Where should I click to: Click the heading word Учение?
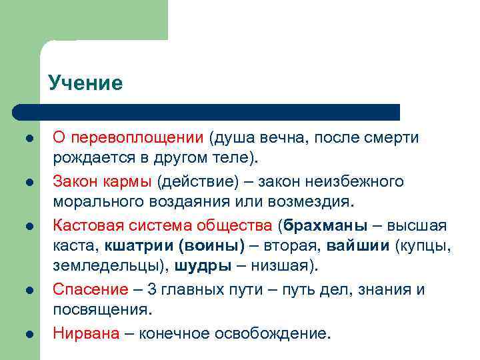pos(85,83)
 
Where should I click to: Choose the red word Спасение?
pos(90,289)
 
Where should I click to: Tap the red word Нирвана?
pos(86,333)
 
